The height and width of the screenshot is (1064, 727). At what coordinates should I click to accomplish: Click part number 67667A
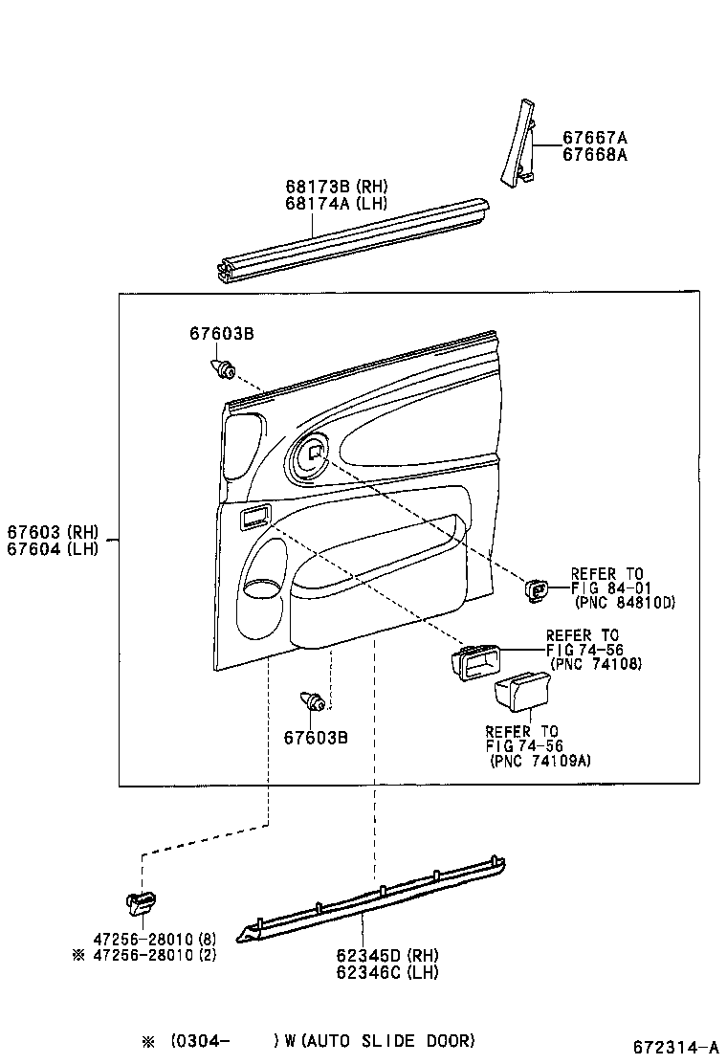[595, 138]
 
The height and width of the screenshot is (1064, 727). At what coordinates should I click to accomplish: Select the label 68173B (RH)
[337, 186]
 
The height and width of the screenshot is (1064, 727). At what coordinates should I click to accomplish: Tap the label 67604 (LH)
[53, 548]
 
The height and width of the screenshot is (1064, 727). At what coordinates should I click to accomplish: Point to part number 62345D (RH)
[387, 955]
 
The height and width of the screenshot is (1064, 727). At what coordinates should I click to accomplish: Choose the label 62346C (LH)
[387, 972]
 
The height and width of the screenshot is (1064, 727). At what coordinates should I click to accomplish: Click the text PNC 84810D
[625, 603]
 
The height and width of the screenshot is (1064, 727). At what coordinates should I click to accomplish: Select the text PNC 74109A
[540, 761]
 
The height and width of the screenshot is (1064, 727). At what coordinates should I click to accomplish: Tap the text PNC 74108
[595, 664]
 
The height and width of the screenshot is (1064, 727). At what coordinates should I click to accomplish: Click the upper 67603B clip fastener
[223, 368]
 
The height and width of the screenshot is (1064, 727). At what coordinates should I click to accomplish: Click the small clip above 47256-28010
[141, 901]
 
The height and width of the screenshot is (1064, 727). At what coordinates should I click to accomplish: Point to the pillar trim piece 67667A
[518, 144]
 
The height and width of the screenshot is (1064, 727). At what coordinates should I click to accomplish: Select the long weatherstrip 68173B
[353, 237]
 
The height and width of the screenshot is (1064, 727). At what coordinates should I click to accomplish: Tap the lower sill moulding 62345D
[371, 898]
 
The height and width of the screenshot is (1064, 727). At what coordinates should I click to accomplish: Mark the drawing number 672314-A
[676, 1047]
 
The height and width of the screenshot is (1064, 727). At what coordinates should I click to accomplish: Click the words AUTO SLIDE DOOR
[388, 1040]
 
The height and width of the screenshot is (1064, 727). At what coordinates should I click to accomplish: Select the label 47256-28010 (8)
[155, 940]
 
